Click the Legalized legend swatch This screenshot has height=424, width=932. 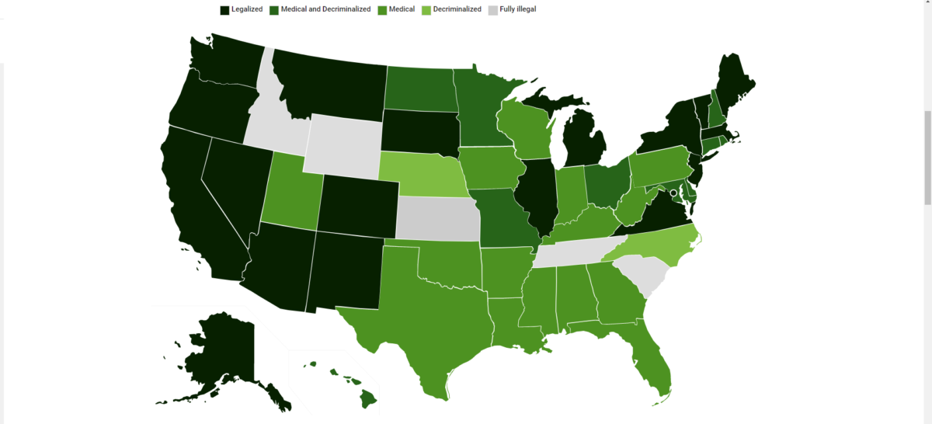pos(224,10)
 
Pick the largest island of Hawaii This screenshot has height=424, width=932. pos(368,398)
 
